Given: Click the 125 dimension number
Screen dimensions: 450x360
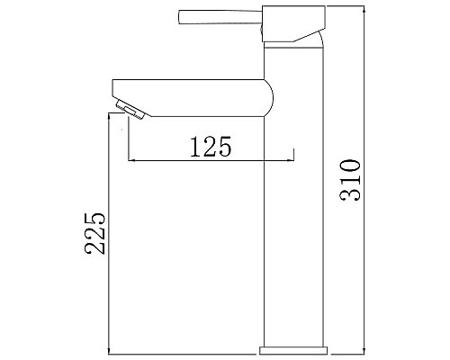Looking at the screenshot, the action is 211,147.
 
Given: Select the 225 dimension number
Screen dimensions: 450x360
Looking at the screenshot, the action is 95,234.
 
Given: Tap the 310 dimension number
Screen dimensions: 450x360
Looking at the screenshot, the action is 350,180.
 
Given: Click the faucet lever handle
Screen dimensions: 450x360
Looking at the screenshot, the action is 220,17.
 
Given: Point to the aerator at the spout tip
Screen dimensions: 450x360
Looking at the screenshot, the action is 130,110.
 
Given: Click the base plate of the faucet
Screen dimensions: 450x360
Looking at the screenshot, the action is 293,350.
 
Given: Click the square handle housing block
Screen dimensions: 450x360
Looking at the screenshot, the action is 293,23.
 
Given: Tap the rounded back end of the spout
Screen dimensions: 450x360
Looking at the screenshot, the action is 269,98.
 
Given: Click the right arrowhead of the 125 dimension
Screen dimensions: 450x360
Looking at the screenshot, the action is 291,161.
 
